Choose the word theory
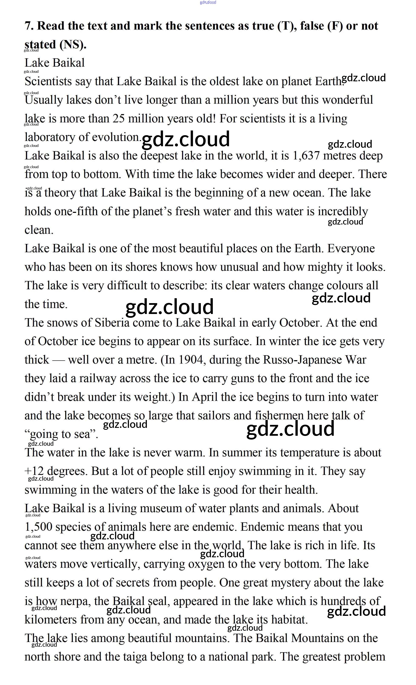[60, 193]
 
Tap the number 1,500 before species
[38, 527]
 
